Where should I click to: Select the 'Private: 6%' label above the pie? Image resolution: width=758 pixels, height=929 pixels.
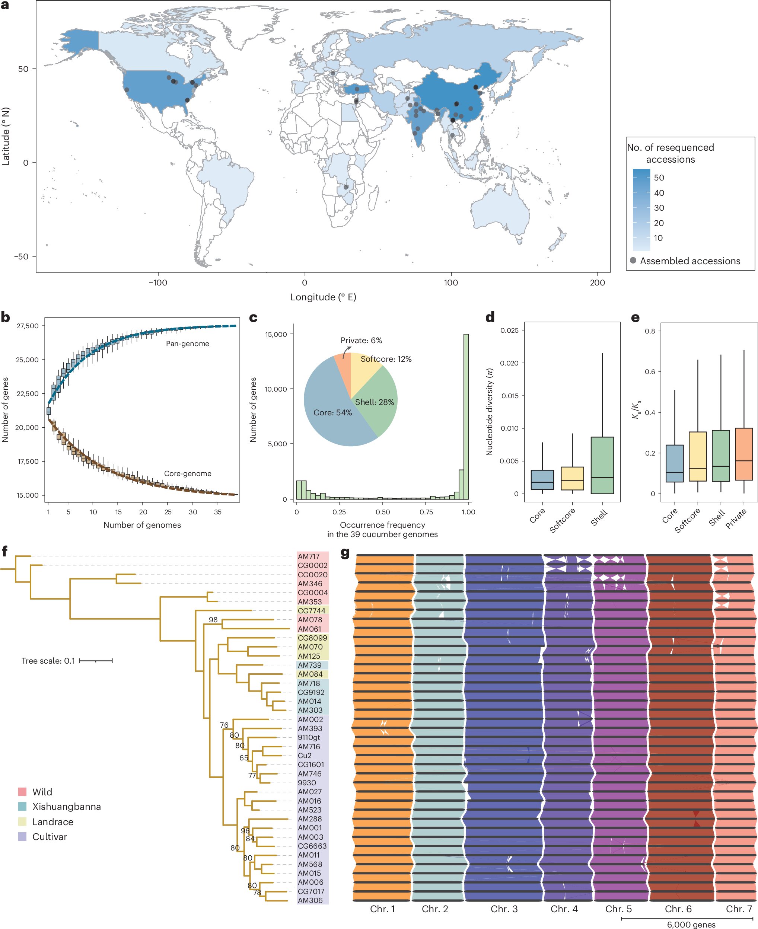pos(361,341)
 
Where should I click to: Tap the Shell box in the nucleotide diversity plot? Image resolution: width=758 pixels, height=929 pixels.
pos(602,465)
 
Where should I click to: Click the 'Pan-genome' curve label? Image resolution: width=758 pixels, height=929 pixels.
pos(187,344)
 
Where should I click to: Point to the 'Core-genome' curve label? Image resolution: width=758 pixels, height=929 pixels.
pos(187,474)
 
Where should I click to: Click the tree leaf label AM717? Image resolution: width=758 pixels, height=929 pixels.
pos(309,556)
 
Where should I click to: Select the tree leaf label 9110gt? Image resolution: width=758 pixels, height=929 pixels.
pos(309,737)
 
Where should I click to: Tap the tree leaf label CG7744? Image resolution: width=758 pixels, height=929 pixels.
pos(311,611)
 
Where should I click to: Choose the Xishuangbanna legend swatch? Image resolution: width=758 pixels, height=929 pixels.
pos(22,807)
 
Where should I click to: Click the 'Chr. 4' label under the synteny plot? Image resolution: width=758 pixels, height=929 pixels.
pos(564,909)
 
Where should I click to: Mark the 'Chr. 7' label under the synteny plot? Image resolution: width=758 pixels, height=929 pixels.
pos(739,909)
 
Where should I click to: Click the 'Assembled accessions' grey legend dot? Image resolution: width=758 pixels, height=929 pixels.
pos(633,261)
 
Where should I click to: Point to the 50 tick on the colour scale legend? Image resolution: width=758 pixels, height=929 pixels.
pos(659,178)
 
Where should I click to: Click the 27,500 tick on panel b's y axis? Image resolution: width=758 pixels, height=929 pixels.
pos(28,326)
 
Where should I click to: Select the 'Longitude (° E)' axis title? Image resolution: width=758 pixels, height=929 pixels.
pos(323,297)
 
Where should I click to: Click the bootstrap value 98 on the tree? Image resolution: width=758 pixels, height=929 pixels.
pos(213,620)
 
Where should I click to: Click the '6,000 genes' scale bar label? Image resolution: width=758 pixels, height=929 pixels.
pos(691,925)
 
